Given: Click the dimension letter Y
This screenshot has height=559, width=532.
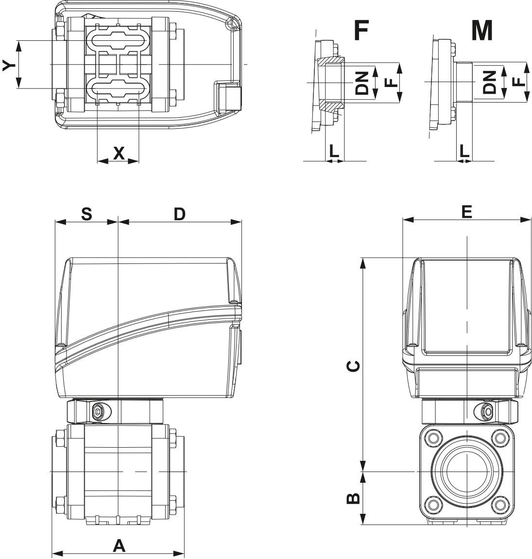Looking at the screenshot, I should (x=8, y=65).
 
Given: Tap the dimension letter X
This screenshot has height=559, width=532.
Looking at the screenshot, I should (x=119, y=153).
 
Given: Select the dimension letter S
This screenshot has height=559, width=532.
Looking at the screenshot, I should (x=86, y=214).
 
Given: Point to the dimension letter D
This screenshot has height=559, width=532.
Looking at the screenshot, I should (x=180, y=214).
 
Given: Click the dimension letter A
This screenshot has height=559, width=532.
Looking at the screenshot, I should (x=119, y=546).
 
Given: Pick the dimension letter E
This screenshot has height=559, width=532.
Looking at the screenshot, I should (x=466, y=211).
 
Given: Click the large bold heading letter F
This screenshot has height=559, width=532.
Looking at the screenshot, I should (x=360, y=30).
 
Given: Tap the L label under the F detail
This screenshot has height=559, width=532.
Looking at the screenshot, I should (x=334, y=151).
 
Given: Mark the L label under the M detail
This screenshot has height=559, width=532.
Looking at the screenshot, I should (x=464, y=151).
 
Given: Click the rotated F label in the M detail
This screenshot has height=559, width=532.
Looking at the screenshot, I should (x=519, y=81).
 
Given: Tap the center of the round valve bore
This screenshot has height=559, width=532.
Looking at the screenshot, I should (x=466, y=472).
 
